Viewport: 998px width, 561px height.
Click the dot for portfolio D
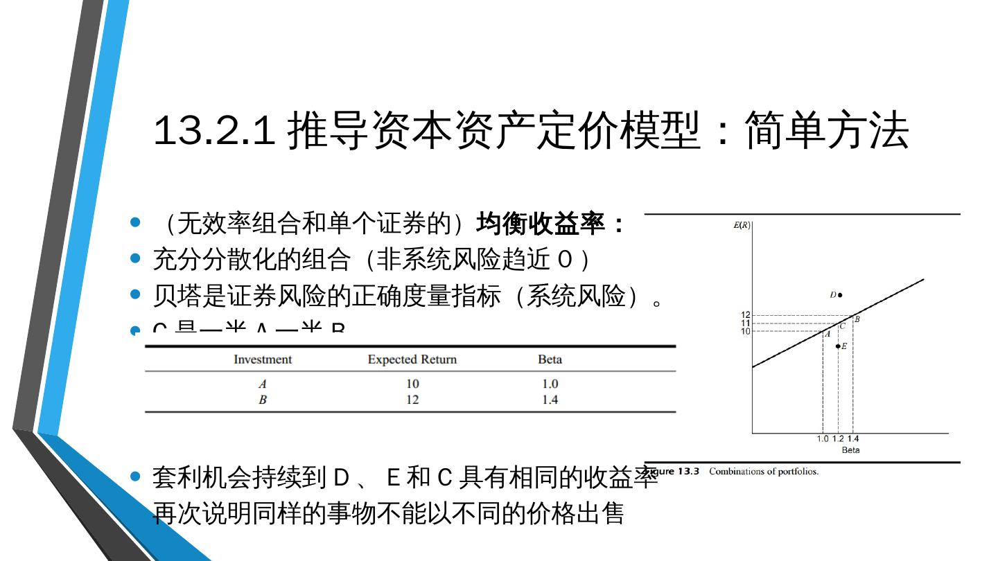coord(840,295)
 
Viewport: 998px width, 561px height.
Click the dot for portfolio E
coord(838,346)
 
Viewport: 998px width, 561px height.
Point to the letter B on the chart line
coord(857,319)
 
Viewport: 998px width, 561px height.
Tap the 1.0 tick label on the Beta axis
coord(823,439)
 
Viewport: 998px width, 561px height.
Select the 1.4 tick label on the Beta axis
coord(853,439)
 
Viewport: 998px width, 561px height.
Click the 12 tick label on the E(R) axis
coord(745,316)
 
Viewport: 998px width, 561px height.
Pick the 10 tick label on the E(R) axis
coord(745,331)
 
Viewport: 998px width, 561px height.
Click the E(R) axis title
coord(742,225)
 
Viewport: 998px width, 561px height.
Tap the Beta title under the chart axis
coord(850,450)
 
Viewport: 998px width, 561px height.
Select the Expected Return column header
coord(412,359)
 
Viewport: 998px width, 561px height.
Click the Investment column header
coord(263,359)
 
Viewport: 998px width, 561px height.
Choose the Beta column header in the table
coord(550,359)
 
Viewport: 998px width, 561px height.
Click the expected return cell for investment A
coord(412,384)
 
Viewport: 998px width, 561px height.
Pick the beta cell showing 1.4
coord(550,400)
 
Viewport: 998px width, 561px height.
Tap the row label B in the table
coord(263,400)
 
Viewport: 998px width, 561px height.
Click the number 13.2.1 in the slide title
coord(213,131)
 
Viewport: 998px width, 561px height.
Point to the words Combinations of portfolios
coord(763,472)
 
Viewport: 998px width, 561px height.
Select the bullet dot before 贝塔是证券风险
coord(136,295)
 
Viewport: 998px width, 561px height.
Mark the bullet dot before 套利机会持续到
coord(136,477)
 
